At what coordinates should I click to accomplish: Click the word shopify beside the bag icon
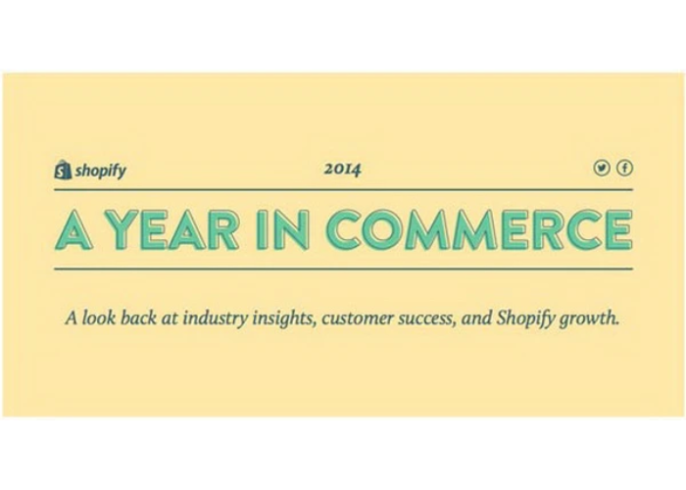pos(100,171)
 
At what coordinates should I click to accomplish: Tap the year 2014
pos(343,170)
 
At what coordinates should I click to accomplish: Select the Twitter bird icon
pos(603,169)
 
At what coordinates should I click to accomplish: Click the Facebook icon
pos(623,169)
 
